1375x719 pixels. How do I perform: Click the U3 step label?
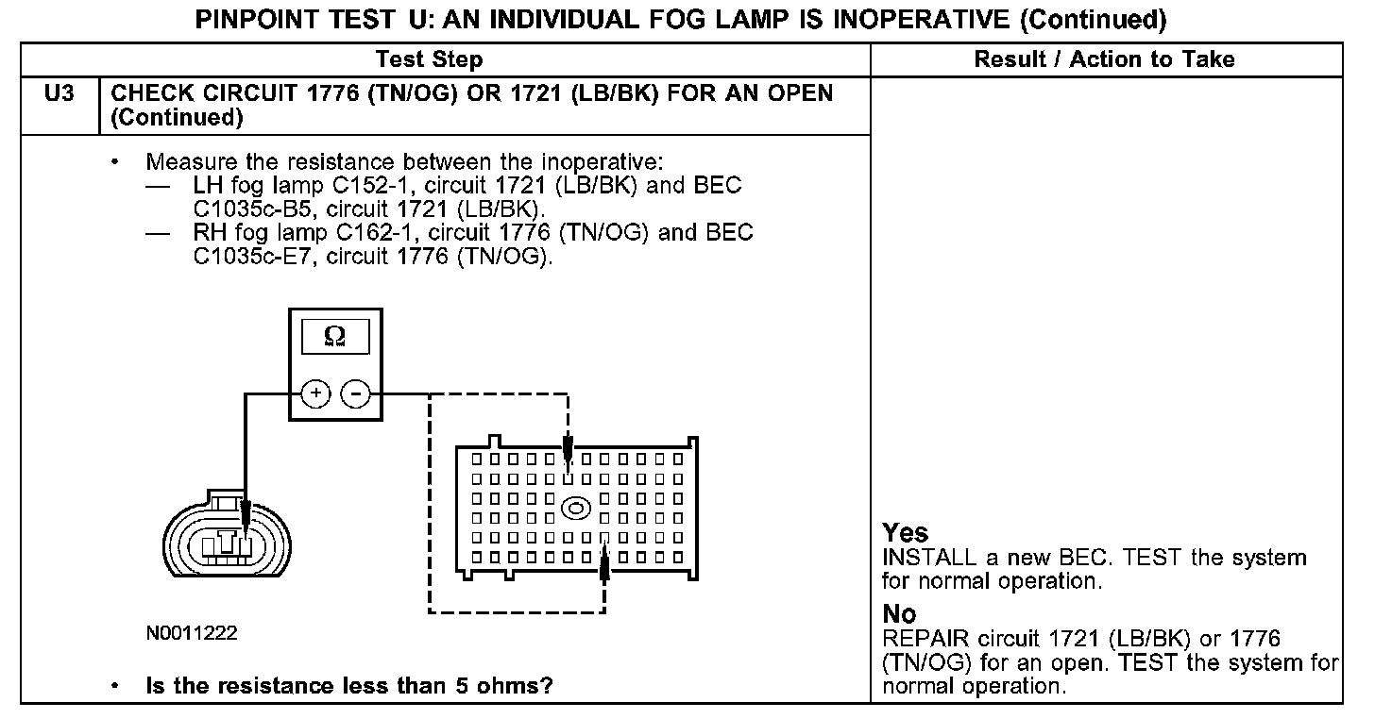[x=59, y=94]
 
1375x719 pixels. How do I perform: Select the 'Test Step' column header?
[x=429, y=60]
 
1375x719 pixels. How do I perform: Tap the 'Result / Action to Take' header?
[x=1104, y=60]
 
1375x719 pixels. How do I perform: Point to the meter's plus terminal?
[x=316, y=393]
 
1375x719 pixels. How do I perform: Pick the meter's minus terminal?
[x=354, y=393]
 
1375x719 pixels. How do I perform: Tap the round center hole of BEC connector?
[x=575, y=509]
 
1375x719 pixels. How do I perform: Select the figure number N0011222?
[x=192, y=633]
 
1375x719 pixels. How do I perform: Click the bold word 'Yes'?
[x=906, y=533]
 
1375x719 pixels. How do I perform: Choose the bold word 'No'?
[x=899, y=615]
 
